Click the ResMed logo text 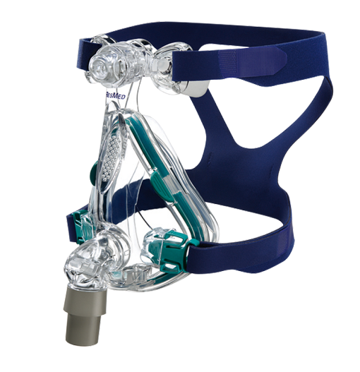click(x=115, y=95)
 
